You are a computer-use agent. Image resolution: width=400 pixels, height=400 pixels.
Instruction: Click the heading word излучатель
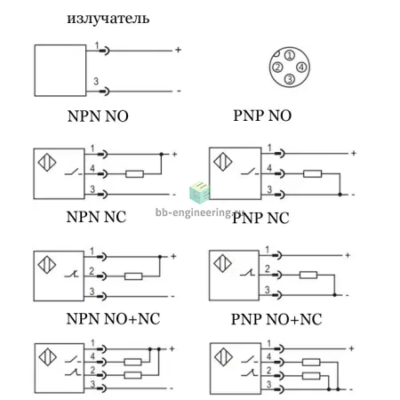point(108,19)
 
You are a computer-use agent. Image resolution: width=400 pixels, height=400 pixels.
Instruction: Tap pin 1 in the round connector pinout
point(290,55)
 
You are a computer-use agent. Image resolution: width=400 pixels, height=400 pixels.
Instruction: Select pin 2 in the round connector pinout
point(277,68)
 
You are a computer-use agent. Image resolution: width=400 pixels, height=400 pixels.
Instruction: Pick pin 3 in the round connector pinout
point(290,79)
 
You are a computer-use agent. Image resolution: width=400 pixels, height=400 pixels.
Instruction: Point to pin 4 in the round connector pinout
point(301,68)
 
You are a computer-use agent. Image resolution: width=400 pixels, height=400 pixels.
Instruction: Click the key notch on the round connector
point(276,54)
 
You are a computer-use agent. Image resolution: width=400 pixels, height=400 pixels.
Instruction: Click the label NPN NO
point(98,116)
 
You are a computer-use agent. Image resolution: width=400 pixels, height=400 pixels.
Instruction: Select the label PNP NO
point(262,116)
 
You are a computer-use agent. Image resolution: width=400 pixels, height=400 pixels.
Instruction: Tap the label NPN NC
point(96,217)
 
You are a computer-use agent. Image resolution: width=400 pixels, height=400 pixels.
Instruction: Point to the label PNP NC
point(260,218)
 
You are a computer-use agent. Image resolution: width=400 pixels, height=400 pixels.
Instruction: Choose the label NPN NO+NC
point(113,319)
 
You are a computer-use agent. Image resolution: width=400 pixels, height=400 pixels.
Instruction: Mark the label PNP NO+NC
point(276,319)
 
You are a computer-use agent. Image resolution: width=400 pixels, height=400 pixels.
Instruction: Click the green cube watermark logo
point(199,192)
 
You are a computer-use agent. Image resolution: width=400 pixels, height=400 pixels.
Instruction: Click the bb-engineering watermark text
point(199,212)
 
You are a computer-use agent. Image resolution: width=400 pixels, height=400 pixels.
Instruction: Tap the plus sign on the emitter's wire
point(178,50)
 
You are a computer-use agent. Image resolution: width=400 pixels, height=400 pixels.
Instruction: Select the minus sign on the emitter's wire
point(179,91)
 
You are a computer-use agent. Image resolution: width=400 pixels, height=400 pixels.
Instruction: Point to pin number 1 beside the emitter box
point(97,45)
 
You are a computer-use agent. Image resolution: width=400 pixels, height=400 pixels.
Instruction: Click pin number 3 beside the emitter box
point(96,81)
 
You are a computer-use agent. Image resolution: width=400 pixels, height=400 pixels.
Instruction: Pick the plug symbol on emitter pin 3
point(104,92)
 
